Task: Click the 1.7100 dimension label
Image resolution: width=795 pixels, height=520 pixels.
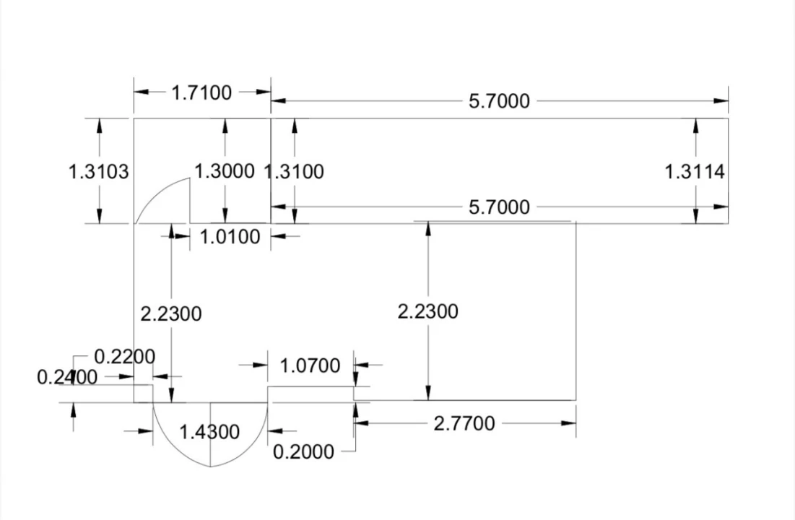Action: pyautogui.click(x=201, y=92)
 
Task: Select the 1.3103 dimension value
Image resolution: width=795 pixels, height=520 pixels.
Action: pyautogui.click(x=98, y=172)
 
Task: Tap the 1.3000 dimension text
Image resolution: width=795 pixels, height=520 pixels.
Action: pyautogui.click(x=225, y=171)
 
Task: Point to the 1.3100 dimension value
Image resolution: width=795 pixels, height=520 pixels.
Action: pyautogui.click(x=295, y=172)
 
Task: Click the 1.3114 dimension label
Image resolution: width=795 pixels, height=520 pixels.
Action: pyautogui.click(x=695, y=172)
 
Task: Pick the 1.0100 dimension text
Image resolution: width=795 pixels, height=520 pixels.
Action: pyautogui.click(x=229, y=237)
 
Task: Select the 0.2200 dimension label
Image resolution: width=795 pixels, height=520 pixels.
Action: pyautogui.click(x=124, y=357)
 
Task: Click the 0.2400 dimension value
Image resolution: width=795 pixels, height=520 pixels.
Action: pyautogui.click(x=66, y=377)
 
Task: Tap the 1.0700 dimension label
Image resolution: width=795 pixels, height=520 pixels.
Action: pyautogui.click(x=310, y=366)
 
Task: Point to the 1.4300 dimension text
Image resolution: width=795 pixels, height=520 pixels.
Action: pyautogui.click(x=209, y=432)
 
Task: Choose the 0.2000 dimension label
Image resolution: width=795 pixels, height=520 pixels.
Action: pyautogui.click(x=303, y=452)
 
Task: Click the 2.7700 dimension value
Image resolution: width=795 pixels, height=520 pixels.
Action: pyautogui.click(x=464, y=424)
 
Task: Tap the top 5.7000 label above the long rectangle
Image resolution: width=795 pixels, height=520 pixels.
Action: pyautogui.click(x=499, y=101)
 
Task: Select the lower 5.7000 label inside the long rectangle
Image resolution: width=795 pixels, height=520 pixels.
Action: pyautogui.click(x=499, y=208)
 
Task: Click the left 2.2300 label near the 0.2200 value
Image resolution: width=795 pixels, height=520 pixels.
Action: pyautogui.click(x=170, y=314)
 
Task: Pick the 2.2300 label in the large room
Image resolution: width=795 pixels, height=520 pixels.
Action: pyautogui.click(x=427, y=312)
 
